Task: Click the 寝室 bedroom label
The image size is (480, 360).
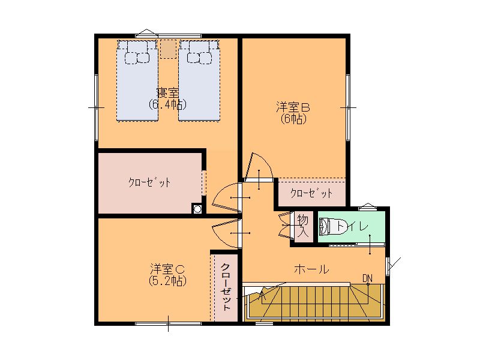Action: pyautogui.click(x=167, y=93)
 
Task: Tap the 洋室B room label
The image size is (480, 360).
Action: pyautogui.click(x=293, y=107)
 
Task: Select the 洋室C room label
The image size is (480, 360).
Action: pyautogui.click(x=167, y=269)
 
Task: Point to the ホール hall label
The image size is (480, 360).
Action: pyautogui.click(x=311, y=269)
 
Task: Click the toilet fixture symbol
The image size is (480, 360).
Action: pyautogui.click(x=328, y=227)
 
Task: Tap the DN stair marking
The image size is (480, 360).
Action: pyautogui.click(x=368, y=278)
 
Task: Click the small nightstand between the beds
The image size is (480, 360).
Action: pyautogui.click(x=168, y=49)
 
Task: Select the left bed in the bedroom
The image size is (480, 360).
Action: pyautogui.click(x=137, y=80)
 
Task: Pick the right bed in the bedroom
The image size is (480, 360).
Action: pyautogui.click(x=200, y=80)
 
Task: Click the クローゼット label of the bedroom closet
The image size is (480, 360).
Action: pyautogui.click(x=149, y=183)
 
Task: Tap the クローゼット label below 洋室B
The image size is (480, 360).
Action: pyautogui.click(x=311, y=193)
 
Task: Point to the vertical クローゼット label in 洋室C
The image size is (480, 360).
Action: pyautogui.click(x=226, y=287)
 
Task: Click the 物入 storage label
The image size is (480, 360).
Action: pyautogui.click(x=303, y=226)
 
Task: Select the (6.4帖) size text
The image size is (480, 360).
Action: pyautogui.click(x=167, y=104)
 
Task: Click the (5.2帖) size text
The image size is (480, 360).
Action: pyautogui.click(x=167, y=281)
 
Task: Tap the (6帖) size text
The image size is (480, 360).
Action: pyautogui.click(x=293, y=119)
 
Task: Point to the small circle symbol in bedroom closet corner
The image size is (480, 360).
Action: pyautogui.click(x=197, y=209)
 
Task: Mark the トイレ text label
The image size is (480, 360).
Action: pyautogui.click(x=352, y=227)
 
